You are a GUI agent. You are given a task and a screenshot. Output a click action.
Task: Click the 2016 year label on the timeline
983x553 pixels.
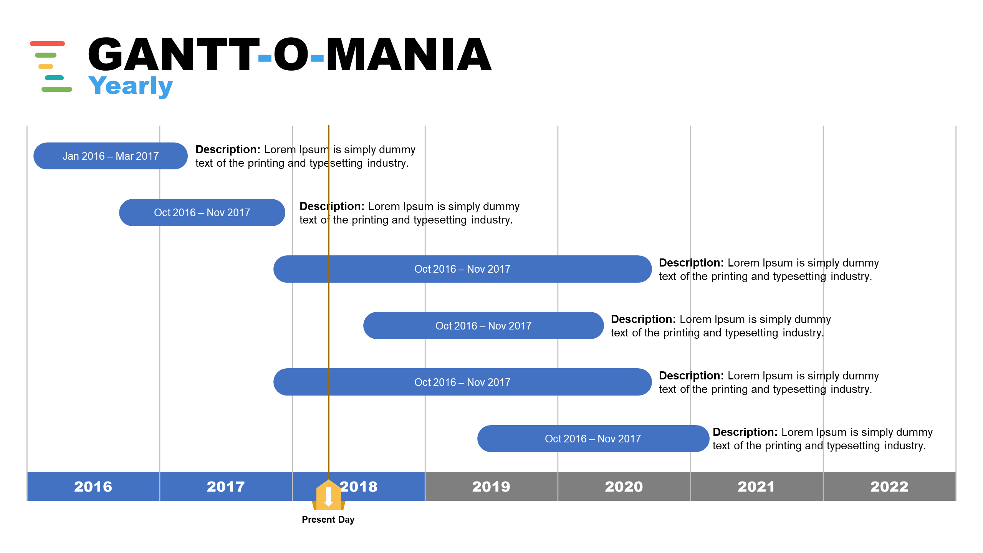click(x=93, y=487)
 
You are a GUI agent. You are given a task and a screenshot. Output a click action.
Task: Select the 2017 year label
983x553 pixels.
click(x=226, y=487)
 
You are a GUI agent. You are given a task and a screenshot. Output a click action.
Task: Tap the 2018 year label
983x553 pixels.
click(x=359, y=487)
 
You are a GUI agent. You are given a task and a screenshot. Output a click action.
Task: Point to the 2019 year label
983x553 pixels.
click(x=491, y=487)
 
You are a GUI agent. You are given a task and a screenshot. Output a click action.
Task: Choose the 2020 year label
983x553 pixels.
click(x=624, y=487)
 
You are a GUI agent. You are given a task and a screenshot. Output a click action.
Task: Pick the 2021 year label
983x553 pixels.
click(x=756, y=487)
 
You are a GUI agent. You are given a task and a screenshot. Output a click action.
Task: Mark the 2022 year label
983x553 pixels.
click(x=889, y=487)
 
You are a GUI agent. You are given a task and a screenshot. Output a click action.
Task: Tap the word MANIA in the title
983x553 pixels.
click(x=409, y=55)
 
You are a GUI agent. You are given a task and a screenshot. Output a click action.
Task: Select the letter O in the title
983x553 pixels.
click(x=291, y=55)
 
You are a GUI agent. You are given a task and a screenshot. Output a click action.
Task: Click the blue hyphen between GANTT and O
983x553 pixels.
click(x=265, y=58)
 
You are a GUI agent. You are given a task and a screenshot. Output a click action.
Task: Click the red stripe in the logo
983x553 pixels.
click(x=47, y=43)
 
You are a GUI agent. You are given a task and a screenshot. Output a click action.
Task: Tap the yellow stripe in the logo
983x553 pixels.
click(x=46, y=66)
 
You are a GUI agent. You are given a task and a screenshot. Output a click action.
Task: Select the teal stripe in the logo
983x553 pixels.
click(x=54, y=78)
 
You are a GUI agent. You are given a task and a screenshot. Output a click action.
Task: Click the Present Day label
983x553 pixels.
click(x=328, y=520)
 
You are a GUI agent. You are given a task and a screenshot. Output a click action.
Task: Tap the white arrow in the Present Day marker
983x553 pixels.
click(x=328, y=497)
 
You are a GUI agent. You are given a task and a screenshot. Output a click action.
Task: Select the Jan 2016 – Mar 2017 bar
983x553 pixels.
click(x=111, y=156)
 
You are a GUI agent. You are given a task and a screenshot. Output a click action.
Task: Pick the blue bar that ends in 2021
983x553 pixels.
click(x=593, y=439)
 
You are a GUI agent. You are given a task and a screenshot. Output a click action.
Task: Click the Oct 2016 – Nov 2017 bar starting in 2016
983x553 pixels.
click(x=202, y=212)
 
